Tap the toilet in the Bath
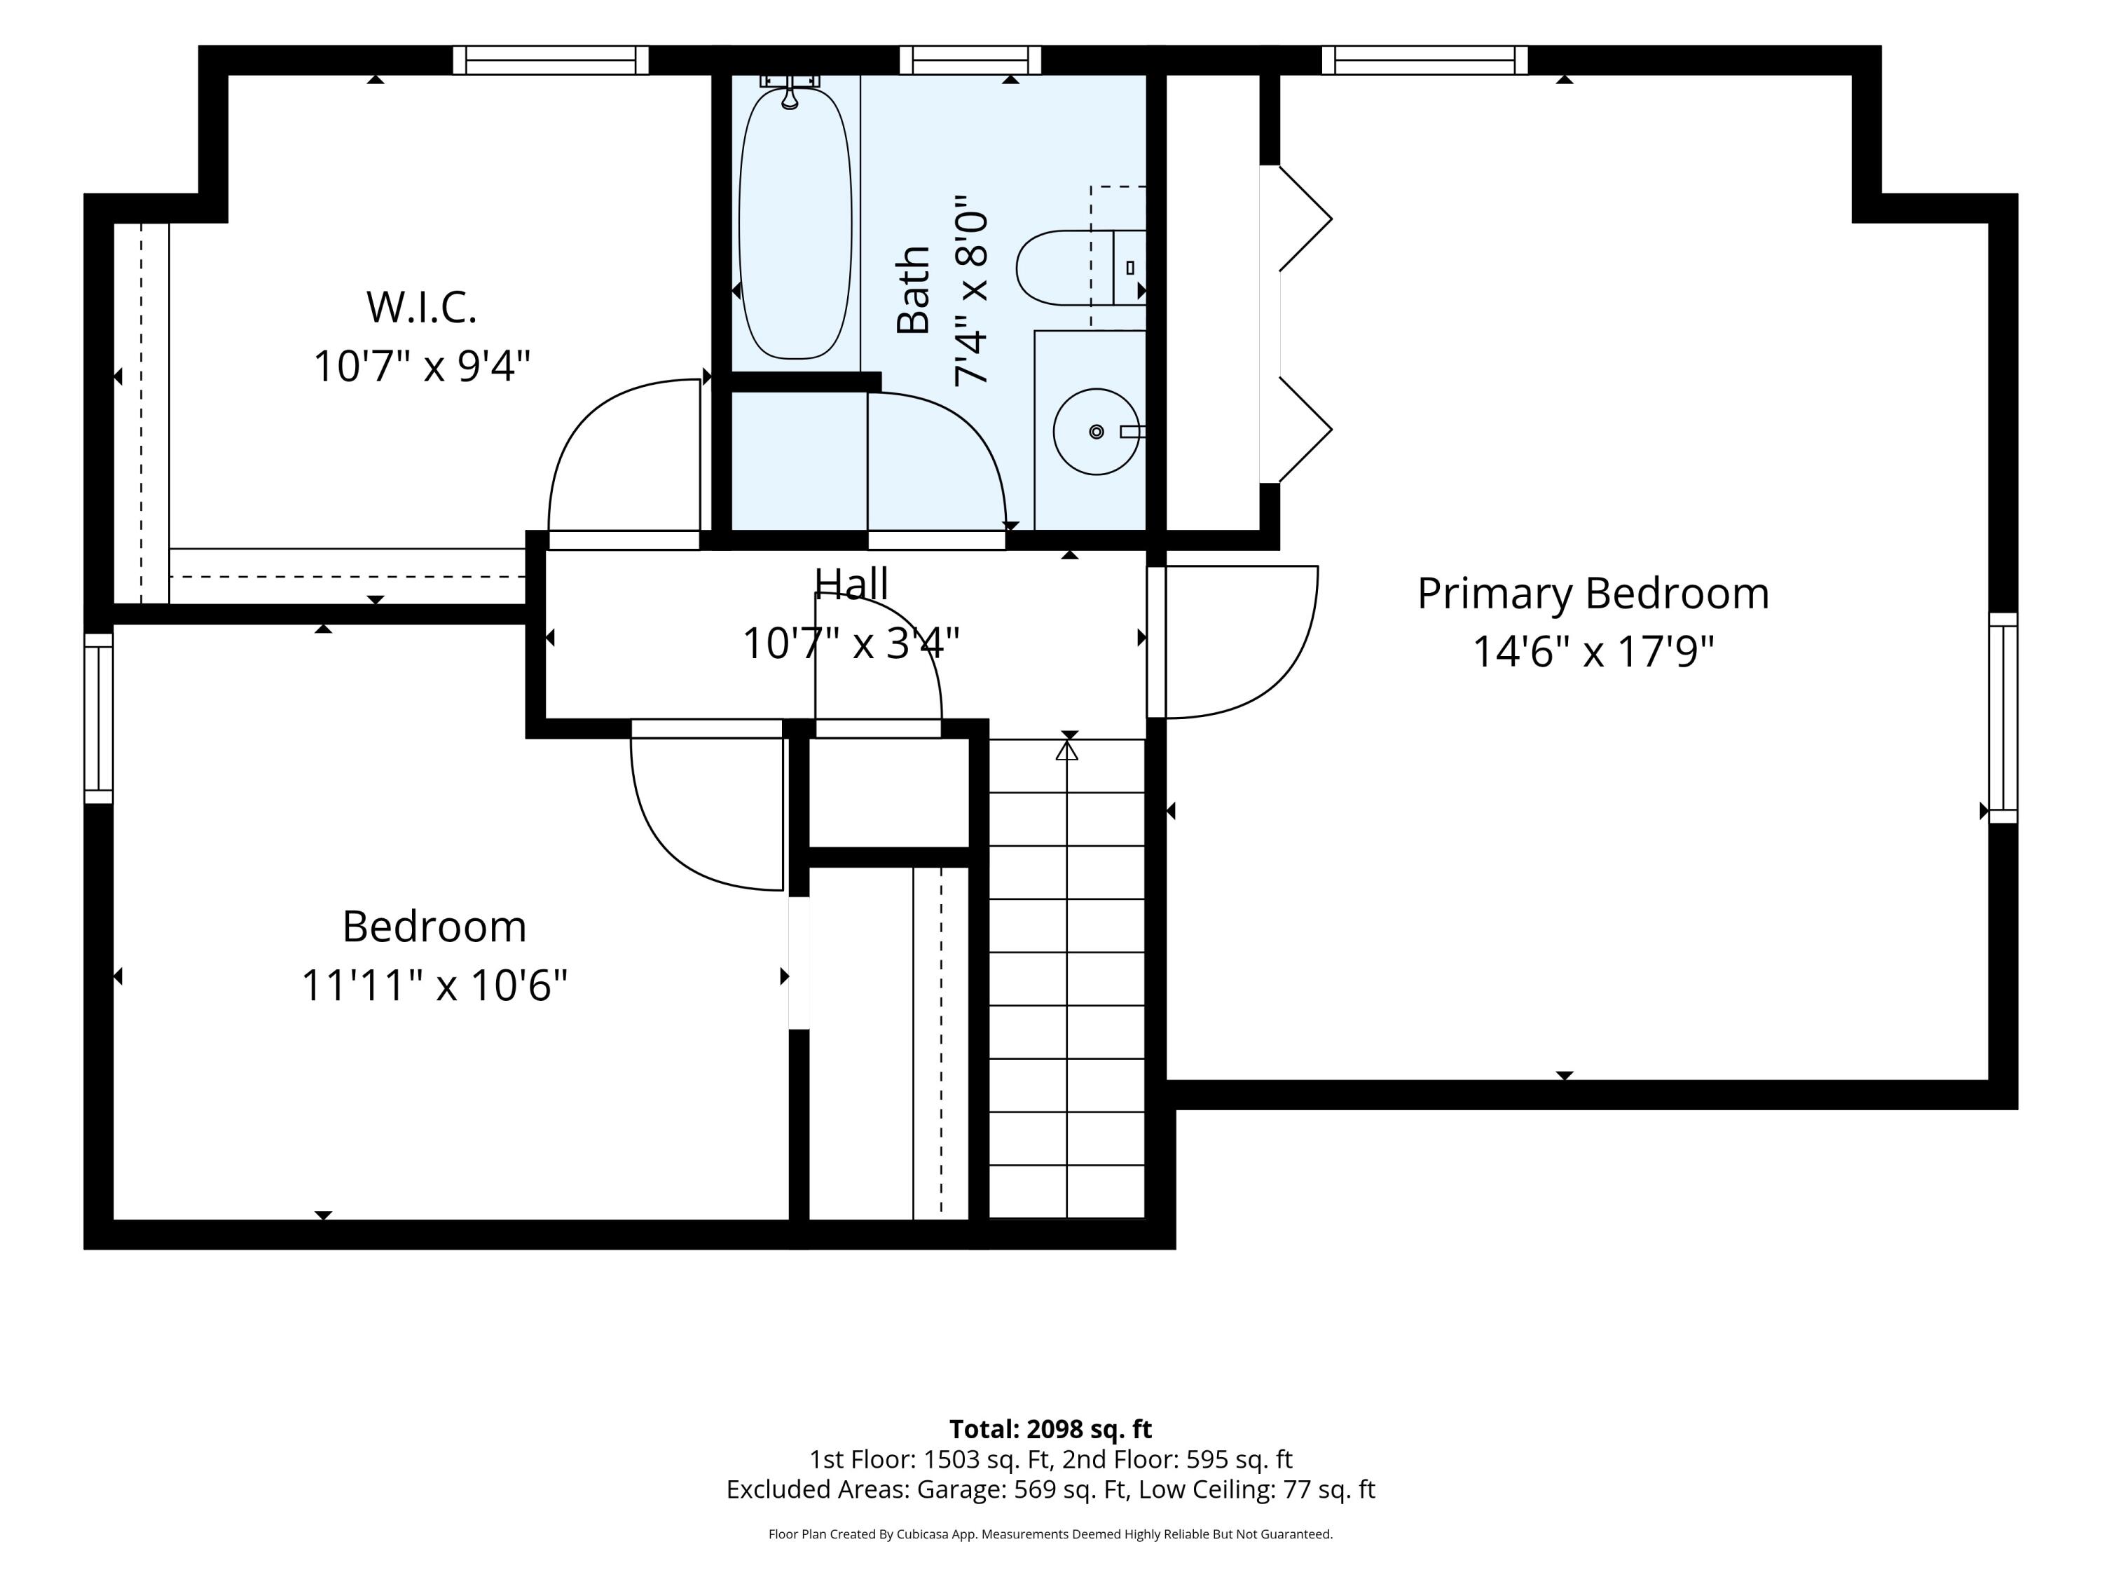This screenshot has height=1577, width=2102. coord(1080,267)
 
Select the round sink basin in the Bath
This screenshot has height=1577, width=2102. coord(1096,432)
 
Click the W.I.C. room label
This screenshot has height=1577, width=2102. coord(421,307)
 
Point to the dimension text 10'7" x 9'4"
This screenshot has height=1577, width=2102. coord(421,366)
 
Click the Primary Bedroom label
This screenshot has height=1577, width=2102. coord(1593,594)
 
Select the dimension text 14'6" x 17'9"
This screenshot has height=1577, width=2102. coord(1593,652)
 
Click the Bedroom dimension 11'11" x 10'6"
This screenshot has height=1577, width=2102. coord(434,985)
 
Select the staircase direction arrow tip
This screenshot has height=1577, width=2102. coord(1067,744)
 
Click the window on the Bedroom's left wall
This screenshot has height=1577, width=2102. coord(99,718)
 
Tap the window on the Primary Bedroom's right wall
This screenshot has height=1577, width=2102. coord(2003,718)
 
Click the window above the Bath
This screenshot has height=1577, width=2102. coord(970,60)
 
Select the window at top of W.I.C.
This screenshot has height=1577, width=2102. coord(550,60)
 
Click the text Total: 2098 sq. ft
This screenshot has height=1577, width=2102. coord(1050,1428)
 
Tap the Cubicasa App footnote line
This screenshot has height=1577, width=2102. coord(1050,1534)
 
